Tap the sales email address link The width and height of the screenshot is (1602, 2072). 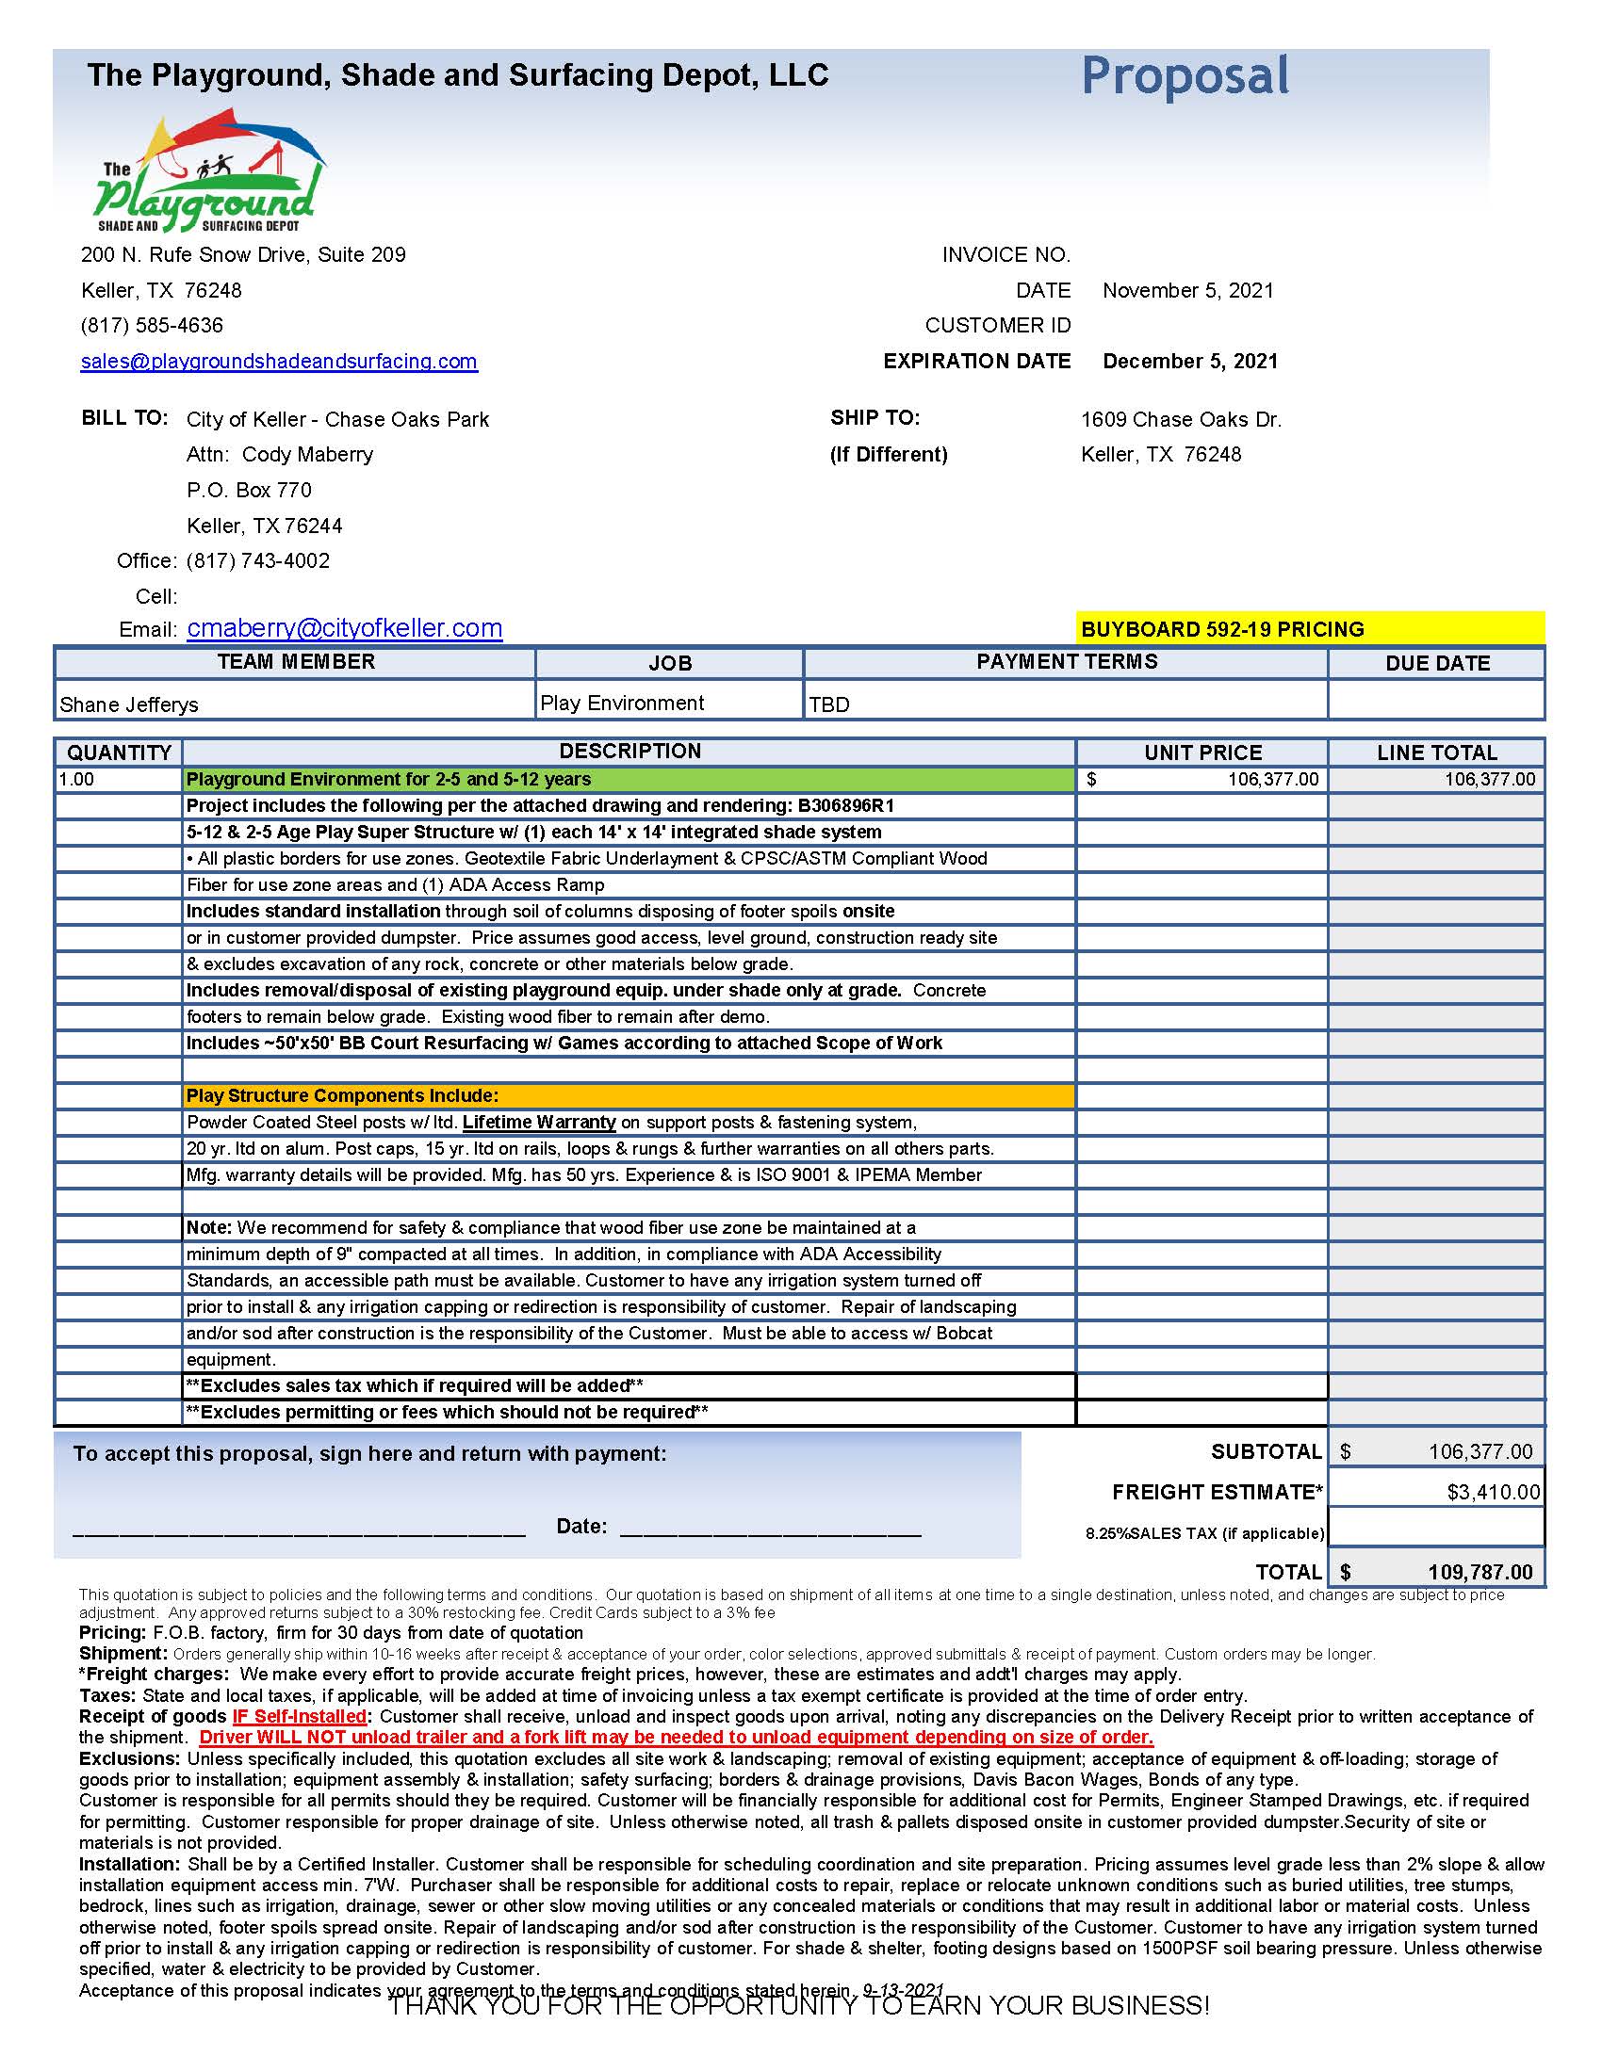pyautogui.click(x=279, y=362)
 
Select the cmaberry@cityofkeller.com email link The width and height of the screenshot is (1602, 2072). pyautogui.click(x=345, y=628)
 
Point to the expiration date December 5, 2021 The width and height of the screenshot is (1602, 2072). pyautogui.click(x=1190, y=362)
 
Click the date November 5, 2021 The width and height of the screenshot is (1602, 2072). pyautogui.click(x=1187, y=290)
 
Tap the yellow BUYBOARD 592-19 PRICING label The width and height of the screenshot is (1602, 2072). pyautogui.click(x=1222, y=629)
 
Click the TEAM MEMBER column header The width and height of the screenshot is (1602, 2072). pyautogui.click(x=296, y=662)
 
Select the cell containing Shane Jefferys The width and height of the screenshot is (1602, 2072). pyautogui.click(x=129, y=704)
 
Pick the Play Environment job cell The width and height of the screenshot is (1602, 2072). pyautogui.click(x=622, y=703)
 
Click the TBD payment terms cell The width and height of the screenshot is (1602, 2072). pyautogui.click(x=829, y=704)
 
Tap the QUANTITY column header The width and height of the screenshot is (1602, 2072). pyautogui.click(x=119, y=753)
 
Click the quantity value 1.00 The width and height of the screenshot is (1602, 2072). pyautogui.click(x=77, y=780)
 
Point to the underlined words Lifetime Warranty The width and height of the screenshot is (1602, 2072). pyautogui.click(x=539, y=1123)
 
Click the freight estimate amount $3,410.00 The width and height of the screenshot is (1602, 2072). pyautogui.click(x=1493, y=1493)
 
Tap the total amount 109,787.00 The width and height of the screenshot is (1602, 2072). pyautogui.click(x=1479, y=1572)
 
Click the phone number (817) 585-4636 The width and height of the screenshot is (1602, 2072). pyautogui.click(x=152, y=326)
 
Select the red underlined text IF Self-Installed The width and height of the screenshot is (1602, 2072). pyautogui.click(x=300, y=1716)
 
